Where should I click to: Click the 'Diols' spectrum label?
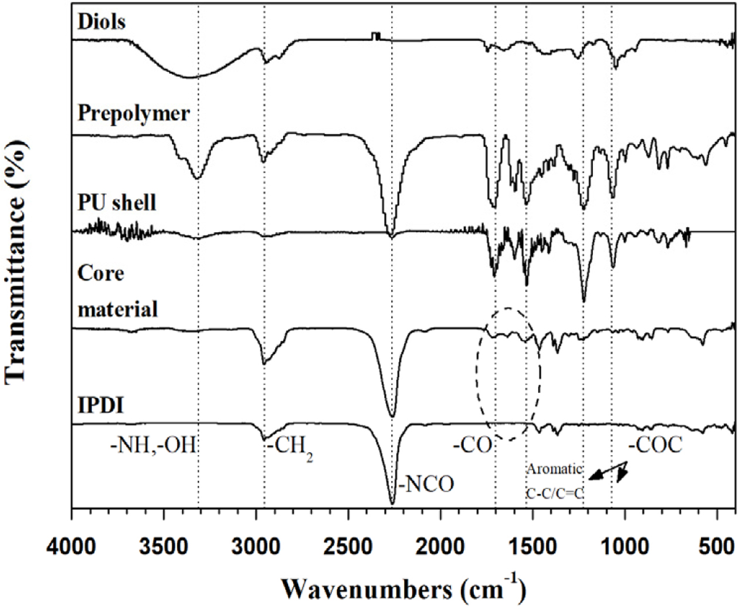pyautogui.click(x=101, y=22)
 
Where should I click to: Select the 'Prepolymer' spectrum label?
pyautogui.click(x=134, y=113)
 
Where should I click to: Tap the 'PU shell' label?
pyautogui.click(x=117, y=203)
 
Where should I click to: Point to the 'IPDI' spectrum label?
pyautogui.click(x=101, y=405)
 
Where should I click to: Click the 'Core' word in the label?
pyautogui.click(x=101, y=273)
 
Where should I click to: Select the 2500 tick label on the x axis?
pyautogui.click(x=348, y=547)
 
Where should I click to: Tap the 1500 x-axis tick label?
pyautogui.click(x=533, y=547)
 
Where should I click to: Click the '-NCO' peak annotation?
pyautogui.click(x=427, y=484)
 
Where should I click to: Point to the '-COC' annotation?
pyautogui.click(x=656, y=445)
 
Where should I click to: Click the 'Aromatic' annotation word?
pyautogui.click(x=554, y=469)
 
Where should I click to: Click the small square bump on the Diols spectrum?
pyautogui.click(x=375, y=36)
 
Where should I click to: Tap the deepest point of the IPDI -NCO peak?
pyautogui.click(x=392, y=503)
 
